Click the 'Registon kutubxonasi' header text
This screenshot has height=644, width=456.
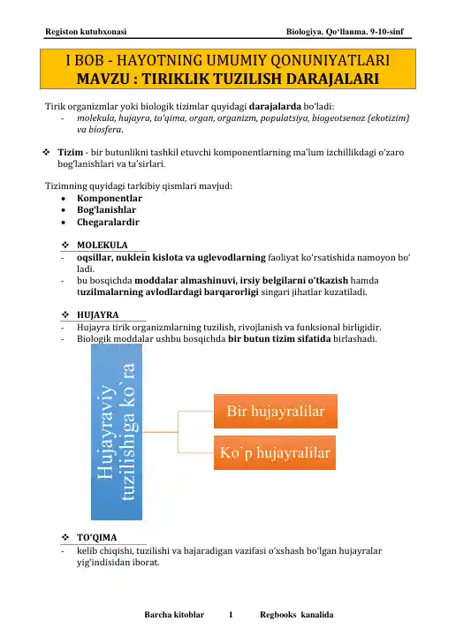(x=85, y=33)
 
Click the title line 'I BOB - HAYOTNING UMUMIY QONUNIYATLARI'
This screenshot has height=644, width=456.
(x=228, y=62)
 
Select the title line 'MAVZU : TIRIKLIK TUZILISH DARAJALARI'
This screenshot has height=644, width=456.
(x=228, y=80)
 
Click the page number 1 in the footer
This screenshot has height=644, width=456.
(x=231, y=614)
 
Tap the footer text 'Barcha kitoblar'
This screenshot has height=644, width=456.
(x=174, y=614)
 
